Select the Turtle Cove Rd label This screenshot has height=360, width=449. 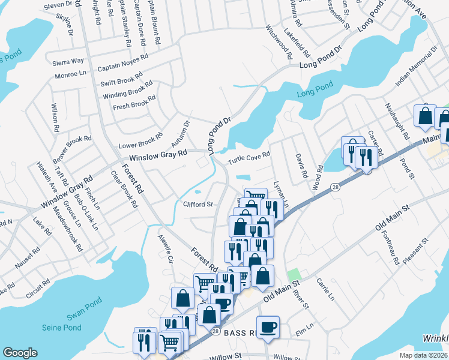pos(249,158)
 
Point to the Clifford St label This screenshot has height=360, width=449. pos(198,204)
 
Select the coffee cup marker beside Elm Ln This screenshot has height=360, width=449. pos(268,327)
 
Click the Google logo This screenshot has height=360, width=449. pos(20,353)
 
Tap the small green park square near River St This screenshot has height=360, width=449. pos(293,275)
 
